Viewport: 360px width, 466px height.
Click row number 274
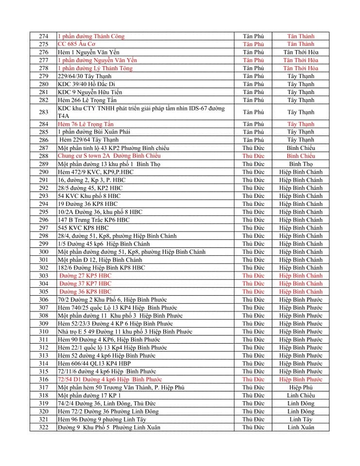(44, 36)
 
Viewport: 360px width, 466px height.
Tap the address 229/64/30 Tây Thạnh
(84, 76)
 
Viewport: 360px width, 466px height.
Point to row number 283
(44, 112)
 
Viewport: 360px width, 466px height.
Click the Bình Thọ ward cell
(300, 164)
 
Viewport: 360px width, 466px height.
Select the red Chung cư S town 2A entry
(109, 156)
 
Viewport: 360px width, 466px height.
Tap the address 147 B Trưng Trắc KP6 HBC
(94, 220)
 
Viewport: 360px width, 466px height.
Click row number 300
(44, 252)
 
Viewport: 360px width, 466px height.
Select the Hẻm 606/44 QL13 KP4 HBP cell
(94, 364)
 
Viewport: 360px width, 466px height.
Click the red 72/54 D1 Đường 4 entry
(110, 379)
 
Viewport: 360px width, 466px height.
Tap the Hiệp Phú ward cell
(300, 387)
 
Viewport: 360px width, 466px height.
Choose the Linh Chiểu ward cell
(300, 396)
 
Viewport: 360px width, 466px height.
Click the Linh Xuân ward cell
(300, 427)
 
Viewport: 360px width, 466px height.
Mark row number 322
(44, 427)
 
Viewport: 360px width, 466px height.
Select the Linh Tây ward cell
(300, 419)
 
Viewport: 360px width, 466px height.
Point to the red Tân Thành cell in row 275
(300, 44)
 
